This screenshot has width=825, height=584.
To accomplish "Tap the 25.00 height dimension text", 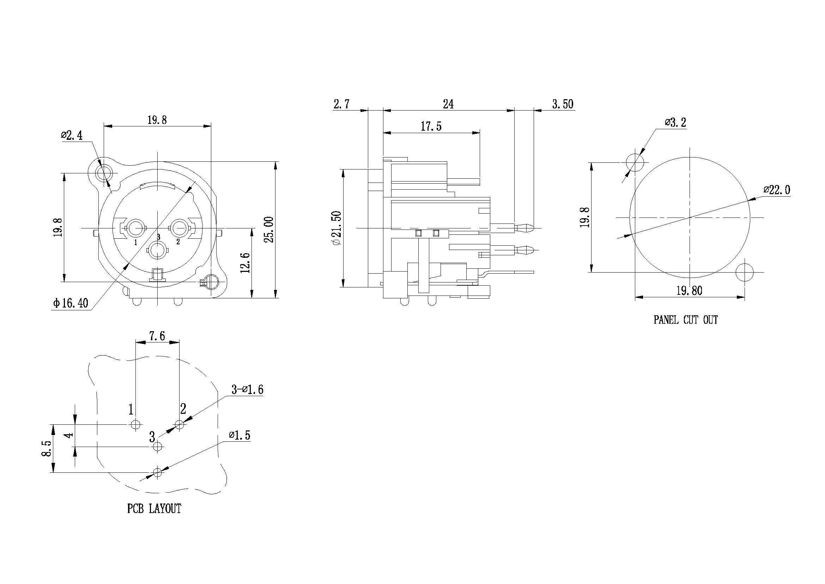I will [269, 230].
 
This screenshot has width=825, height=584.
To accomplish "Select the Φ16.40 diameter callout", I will [71, 303].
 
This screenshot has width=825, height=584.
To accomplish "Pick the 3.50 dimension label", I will [563, 104].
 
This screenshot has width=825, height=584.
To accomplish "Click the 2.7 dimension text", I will [341, 104].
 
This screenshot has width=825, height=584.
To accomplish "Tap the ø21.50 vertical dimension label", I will [337, 228].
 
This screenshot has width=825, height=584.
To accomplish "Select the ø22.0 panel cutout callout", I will [777, 190].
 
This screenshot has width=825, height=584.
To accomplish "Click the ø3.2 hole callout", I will [675, 123].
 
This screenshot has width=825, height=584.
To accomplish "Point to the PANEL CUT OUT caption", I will [685, 320].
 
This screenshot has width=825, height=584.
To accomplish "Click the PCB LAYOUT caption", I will [154, 508].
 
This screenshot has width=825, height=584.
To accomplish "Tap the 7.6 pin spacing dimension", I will [157, 336].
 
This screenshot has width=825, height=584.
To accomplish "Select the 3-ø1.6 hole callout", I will [247, 389].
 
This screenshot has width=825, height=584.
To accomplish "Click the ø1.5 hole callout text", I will [239, 435].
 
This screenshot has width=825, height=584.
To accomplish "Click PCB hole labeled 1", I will [135, 425].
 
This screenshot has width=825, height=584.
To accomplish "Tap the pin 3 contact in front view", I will [157, 251].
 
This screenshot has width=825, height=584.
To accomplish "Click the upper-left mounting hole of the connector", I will [103, 174].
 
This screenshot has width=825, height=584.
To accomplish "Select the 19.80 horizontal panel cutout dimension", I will [689, 290].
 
